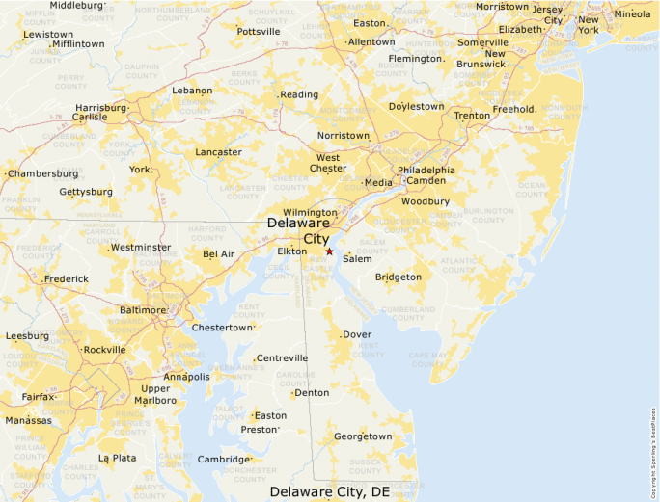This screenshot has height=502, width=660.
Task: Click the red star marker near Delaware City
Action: point(329,251)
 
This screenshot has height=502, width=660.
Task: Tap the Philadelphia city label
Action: point(426,170)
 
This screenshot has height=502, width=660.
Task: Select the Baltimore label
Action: point(142,310)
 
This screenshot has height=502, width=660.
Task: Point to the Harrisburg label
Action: point(100,108)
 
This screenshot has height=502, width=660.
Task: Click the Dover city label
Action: point(357,335)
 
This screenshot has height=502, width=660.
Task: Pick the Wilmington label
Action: point(310,212)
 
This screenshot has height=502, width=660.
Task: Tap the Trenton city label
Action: point(473,116)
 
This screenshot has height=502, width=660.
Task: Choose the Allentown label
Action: point(371,42)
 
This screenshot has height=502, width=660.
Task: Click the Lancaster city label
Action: point(218,152)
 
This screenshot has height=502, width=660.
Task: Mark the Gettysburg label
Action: point(86,192)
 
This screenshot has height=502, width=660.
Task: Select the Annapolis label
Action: point(187,377)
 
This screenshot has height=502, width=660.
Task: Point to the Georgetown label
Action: point(363,436)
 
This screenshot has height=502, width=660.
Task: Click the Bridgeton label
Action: point(399,277)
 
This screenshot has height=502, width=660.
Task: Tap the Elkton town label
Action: point(291,251)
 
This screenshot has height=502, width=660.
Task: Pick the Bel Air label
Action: point(218,254)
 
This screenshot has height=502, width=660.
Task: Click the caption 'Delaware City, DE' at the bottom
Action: point(330,491)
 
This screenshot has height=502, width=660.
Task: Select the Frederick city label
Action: point(67,279)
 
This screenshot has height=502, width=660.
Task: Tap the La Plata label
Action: point(117,458)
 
